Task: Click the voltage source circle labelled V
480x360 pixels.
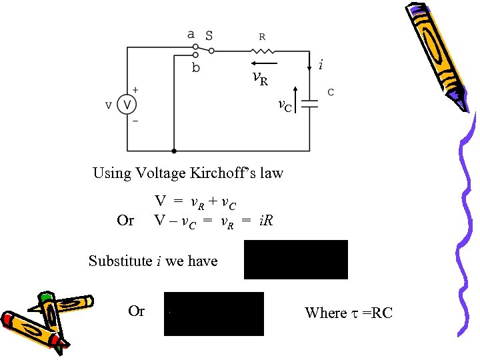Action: [127, 105]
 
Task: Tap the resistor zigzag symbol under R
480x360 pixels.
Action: [261, 50]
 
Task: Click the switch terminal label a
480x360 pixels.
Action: [191, 34]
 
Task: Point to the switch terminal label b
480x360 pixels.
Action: [195, 67]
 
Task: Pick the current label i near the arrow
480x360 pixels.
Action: [321, 65]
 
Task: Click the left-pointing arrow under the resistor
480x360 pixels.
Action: [261, 65]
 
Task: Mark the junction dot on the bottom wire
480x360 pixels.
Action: [174, 151]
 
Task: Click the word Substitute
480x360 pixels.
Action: [120, 261]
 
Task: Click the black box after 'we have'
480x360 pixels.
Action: [296, 259]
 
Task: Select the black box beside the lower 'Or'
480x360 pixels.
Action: [213, 313]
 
